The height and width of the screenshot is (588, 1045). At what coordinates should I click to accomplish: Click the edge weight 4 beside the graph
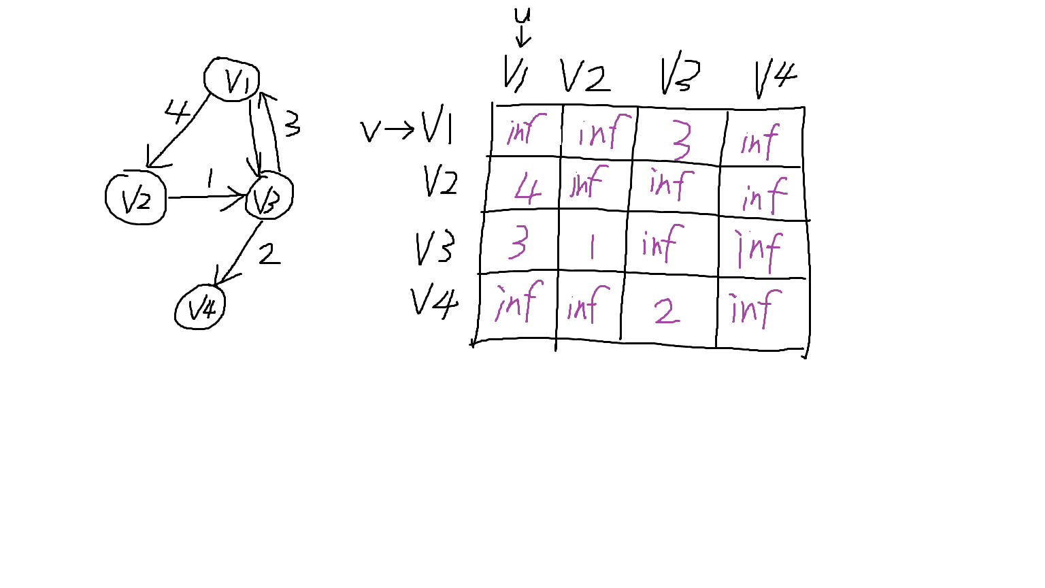(x=178, y=112)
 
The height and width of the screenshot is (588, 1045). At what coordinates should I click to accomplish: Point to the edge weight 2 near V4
(x=269, y=255)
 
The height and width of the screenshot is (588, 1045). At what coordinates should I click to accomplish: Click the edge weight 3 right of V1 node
(x=293, y=124)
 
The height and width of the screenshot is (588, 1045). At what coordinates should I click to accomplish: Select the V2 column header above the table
(x=584, y=76)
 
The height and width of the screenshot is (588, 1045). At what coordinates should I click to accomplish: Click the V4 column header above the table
(x=776, y=78)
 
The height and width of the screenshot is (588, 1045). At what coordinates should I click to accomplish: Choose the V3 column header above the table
(x=680, y=72)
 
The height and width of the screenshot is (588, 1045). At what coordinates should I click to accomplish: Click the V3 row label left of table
(x=434, y=248)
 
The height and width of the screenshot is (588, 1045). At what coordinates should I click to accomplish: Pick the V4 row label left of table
(x=434, y=303)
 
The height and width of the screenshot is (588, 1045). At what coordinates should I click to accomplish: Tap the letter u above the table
(x=522, y=16)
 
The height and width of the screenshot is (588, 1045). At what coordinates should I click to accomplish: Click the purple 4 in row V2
(x=528, y=189)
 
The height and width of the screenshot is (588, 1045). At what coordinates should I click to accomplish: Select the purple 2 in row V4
(x=667, y=311)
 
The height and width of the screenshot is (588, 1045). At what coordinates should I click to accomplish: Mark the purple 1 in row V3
(x=592, y=246)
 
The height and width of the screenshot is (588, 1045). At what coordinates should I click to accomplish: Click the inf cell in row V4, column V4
(x=754, y=308)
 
